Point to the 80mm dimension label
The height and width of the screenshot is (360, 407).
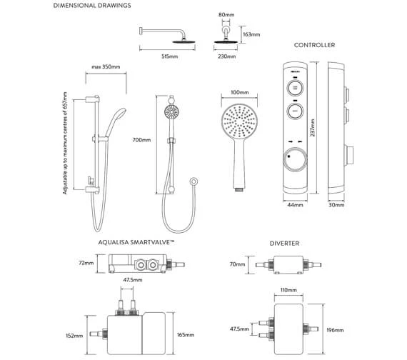[x=227, y=14]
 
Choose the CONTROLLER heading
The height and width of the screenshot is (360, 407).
[x=314, y=45]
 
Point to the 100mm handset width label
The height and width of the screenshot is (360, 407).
[x=239, y=93]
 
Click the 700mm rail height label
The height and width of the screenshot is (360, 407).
[x=142, y=140]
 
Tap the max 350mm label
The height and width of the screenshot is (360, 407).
[x=105, y=68]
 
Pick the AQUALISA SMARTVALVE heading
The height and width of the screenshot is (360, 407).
[x=136, y=243]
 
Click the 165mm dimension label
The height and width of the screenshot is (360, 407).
[x=186, y=334]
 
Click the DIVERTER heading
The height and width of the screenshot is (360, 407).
[x=285, y=243]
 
